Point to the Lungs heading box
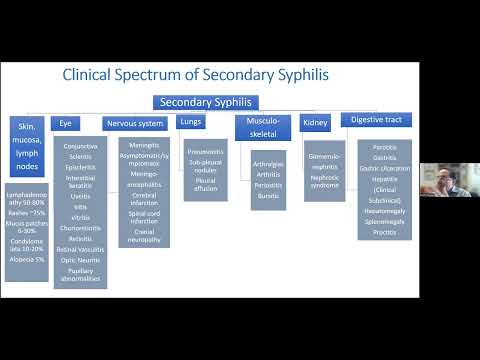[x=190, y=121]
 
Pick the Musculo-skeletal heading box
[x=259, y=127]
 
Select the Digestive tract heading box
[x=375, y=120]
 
